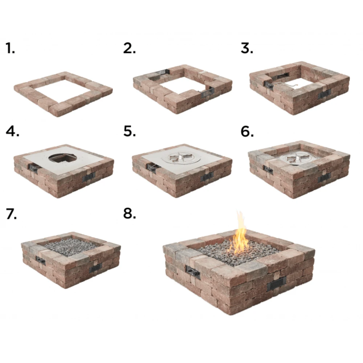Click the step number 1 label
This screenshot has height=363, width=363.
click(x=10, y=48)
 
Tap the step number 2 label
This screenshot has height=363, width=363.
click(x=129, y=48)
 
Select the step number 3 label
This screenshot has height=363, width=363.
click(x=247, y=48)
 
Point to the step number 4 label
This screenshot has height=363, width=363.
click(x=12, y=132)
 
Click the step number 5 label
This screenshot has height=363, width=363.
click(x=129, y=132)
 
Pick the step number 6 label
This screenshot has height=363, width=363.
click(x=247, y=132)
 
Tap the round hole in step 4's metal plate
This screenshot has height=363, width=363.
click(x=62, y=158)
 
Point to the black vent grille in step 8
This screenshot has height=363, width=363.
click(x=277, y=283)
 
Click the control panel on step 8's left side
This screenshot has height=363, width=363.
click(x=193, y=272)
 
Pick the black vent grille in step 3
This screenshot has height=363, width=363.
click(x=323, y=94)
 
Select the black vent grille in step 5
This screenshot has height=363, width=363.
click(x=207, y=176)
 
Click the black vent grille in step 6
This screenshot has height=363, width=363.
click(x=324, y=177)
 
